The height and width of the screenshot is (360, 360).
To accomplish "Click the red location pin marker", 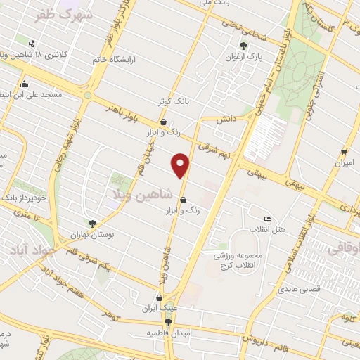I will click(x=181, y=165).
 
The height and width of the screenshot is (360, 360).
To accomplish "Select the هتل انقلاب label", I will click(x=267, y=229).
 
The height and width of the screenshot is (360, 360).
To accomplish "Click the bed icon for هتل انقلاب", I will click(x=266, y=219).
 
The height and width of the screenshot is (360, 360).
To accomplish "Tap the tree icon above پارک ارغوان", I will click(x=243, y=46).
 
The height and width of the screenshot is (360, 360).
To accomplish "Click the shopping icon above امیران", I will click(x=343, y=152).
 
